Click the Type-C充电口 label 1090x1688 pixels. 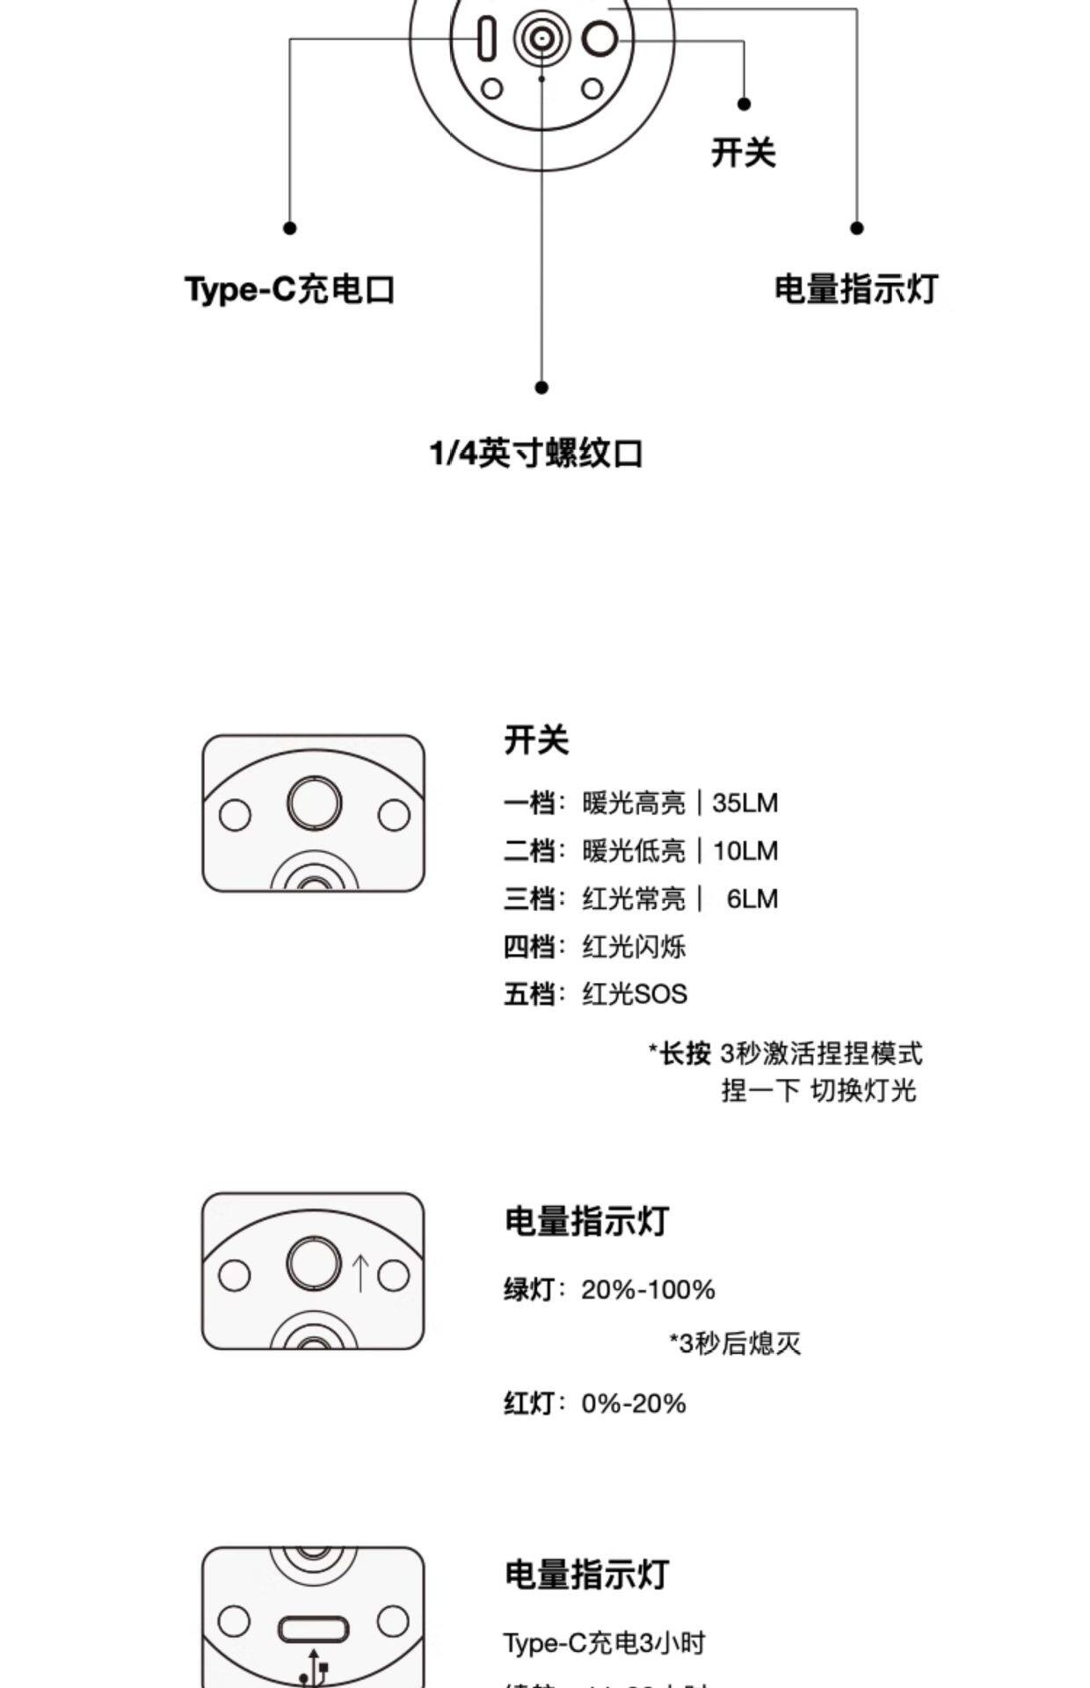(x=289, y=289)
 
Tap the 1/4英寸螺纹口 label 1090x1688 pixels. (x=536, y=454)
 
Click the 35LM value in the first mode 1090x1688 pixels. (x=745, y=803)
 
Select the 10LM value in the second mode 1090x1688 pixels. (x=745, y=851)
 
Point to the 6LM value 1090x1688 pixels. (x=752, y=899)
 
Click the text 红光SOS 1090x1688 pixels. (x=634, y=994)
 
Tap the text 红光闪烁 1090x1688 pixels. (x=633, y=947)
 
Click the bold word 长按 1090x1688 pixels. (x=685, y=1052)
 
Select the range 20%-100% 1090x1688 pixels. (x=648, y=1290)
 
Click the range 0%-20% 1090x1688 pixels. (x=633, y=1403)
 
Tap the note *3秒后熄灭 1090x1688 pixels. (x=735, y=1343)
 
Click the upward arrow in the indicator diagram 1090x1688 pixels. (x=360, y=1272)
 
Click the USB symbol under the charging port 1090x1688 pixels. (x=314, y=1668)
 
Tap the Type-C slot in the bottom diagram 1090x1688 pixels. (x=314, y=1629)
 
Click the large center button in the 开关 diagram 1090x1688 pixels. (x=314, y=803)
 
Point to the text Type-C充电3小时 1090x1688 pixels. (x=604, y=1642)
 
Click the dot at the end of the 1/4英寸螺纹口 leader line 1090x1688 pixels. (x=541, y=387)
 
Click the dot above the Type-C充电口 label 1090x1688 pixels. (x=289, y=228)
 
